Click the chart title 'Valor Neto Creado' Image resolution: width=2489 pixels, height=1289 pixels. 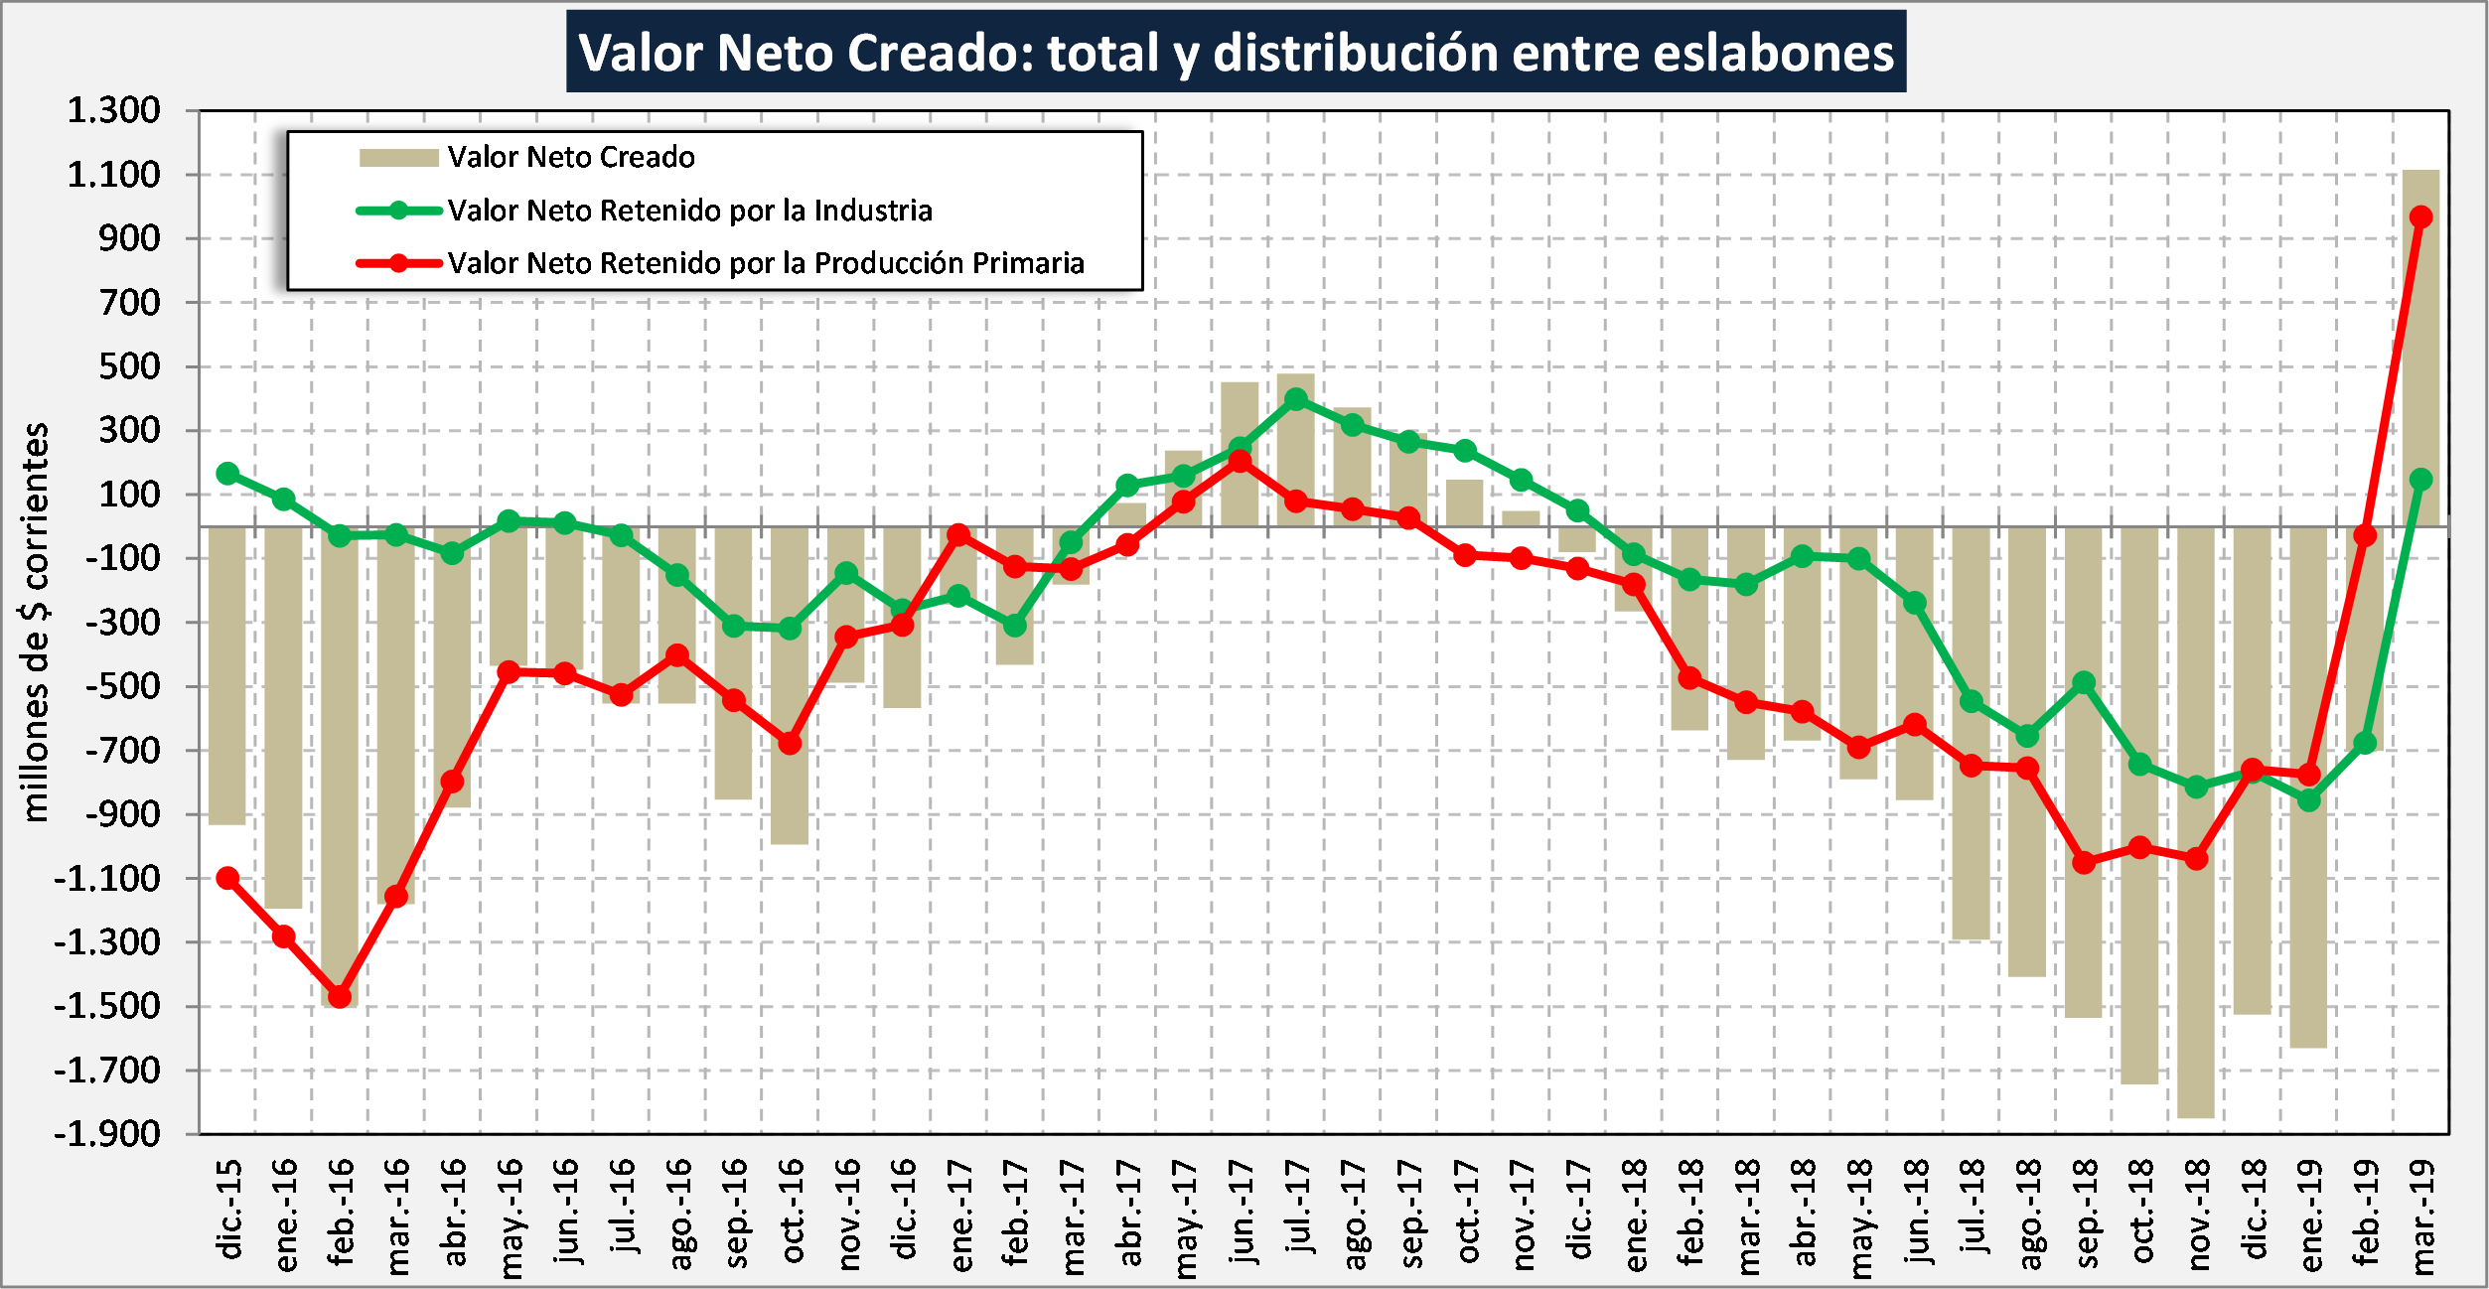[x=1236, y=53]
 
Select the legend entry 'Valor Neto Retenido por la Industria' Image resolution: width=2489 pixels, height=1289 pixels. [x=689, y=211]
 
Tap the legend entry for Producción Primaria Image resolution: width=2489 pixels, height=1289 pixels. [x=765, y=263]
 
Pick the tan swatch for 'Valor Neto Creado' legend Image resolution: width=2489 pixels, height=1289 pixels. [x=398, y=158]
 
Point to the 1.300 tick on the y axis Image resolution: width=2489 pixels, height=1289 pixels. [x=113, y=110]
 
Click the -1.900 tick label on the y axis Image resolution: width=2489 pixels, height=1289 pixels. [x=107, y=1134]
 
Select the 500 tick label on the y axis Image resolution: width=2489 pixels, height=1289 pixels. [x=129, y=366]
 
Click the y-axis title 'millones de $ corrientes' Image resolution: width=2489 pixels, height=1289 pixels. [x=36, y=623]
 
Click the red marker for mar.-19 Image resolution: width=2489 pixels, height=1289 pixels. [x=2420, y=216]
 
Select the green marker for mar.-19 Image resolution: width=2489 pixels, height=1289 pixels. [x=2420, y=480]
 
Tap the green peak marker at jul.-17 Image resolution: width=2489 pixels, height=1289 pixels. [x=1296, y=399]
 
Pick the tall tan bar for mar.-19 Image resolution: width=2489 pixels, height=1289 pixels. [x=2420, y=348]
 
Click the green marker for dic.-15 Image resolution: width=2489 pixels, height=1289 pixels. [x=227, y=474]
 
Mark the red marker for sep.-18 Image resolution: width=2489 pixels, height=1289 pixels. [x=2084, y=862]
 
